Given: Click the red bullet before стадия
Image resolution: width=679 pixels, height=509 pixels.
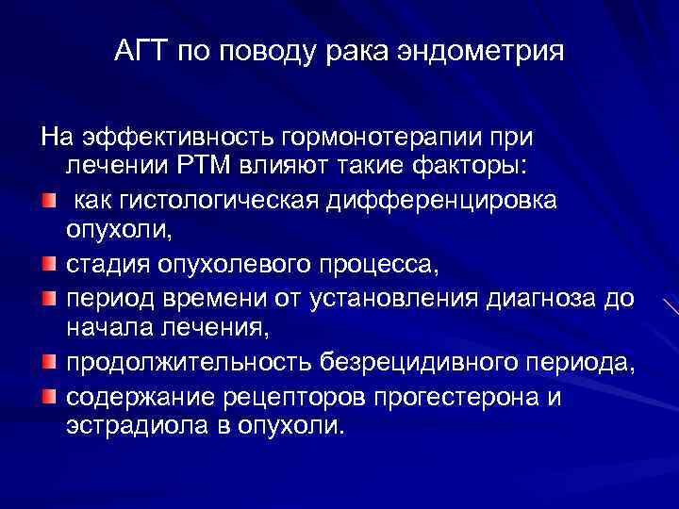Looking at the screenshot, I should click(x=48, y=265).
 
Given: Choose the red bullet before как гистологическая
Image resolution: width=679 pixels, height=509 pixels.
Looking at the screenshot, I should click(x=48, y=201).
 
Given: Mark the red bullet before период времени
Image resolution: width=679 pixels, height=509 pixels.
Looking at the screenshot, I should click(x=48, y=298).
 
